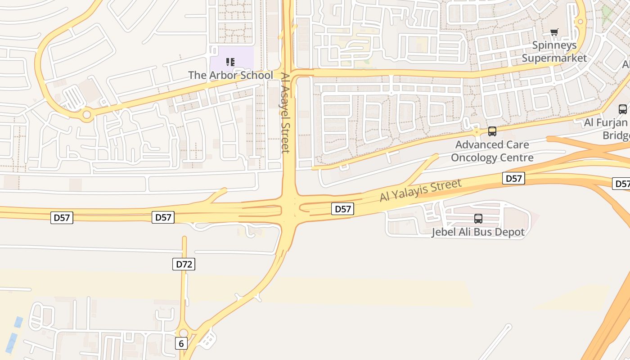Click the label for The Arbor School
230,75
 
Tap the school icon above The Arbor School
230,62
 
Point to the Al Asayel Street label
285,113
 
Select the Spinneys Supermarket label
554,52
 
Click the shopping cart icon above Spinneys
554,32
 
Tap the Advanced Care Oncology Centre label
492,151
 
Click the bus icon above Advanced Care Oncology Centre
492,131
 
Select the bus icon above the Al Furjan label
623,109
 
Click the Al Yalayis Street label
421,191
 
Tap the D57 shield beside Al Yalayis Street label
343,209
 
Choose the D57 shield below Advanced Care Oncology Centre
513,179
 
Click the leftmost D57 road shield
62,218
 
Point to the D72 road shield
184,264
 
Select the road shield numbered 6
181,344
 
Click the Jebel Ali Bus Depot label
478,232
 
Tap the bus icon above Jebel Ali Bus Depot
478,219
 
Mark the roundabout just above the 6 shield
184,333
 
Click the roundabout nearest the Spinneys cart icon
580,21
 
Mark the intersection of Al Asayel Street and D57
288,210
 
